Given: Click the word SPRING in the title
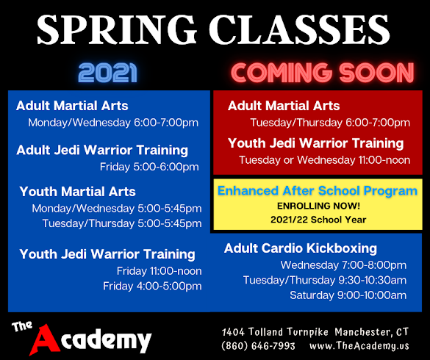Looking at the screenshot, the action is tap(117, 29).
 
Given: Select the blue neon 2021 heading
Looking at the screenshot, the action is tap(107, 73).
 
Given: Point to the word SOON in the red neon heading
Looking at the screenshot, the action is tap(376, 73).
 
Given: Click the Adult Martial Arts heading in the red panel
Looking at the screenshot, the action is tap(284, 106).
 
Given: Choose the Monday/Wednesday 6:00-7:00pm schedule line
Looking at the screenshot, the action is tap(113, 123).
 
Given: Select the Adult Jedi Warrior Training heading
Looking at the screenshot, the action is tap(102, 151).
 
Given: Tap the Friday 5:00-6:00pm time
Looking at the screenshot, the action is tap(149, 167).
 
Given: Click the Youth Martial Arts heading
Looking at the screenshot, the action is tap(78, 191).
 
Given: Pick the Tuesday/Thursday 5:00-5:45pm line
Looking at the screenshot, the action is tap(122, 223).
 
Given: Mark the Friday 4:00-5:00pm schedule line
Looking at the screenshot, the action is tap(152, 287).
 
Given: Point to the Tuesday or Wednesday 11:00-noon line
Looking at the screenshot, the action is tap(325, 160).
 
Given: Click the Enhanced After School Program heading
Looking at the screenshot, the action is tap(318, 191).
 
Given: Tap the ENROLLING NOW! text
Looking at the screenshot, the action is tap(318, 206).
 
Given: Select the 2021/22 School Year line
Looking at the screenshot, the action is tap(318, 220).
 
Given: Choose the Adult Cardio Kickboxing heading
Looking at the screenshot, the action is tap(301, 248).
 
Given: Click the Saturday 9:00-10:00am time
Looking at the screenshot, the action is tap(348, 295).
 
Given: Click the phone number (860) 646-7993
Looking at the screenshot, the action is tap(258, 346).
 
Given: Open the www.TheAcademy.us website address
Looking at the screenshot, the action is tap(359, 346).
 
